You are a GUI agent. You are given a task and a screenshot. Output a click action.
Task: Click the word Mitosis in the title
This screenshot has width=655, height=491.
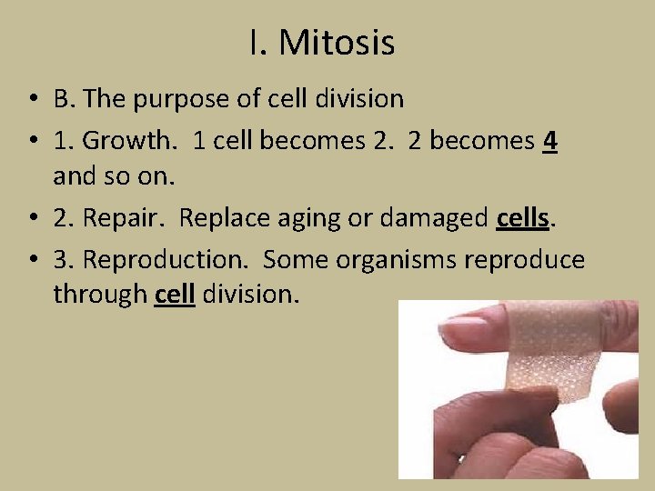[x=337, y=43]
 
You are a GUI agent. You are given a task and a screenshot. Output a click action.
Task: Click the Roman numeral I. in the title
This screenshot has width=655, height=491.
[x=257, y=43]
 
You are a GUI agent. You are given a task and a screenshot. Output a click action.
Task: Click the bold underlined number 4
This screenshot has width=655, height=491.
[x=549, y=141]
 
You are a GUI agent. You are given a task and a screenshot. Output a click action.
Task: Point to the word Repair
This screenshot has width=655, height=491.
[x=125, y=218]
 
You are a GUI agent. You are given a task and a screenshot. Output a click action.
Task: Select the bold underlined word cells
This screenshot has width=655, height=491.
[x=524, y=218]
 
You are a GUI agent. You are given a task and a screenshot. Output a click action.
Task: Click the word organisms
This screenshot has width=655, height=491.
[x=396, y=260]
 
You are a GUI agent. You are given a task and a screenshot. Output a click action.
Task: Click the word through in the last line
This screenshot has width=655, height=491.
[x=99, y=295]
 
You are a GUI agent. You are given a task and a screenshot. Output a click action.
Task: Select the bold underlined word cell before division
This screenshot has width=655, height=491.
[x=175, y=295]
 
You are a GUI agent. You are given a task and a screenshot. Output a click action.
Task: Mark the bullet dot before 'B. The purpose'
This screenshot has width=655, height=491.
[x=31, y=99]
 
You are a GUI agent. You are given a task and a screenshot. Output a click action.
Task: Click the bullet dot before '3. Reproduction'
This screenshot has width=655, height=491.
[x=31, y=261]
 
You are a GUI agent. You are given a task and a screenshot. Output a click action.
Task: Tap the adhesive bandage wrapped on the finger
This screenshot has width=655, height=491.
[x=551, y=358]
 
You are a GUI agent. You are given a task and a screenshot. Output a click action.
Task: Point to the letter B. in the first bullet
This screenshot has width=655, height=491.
[x=63, y=98]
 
